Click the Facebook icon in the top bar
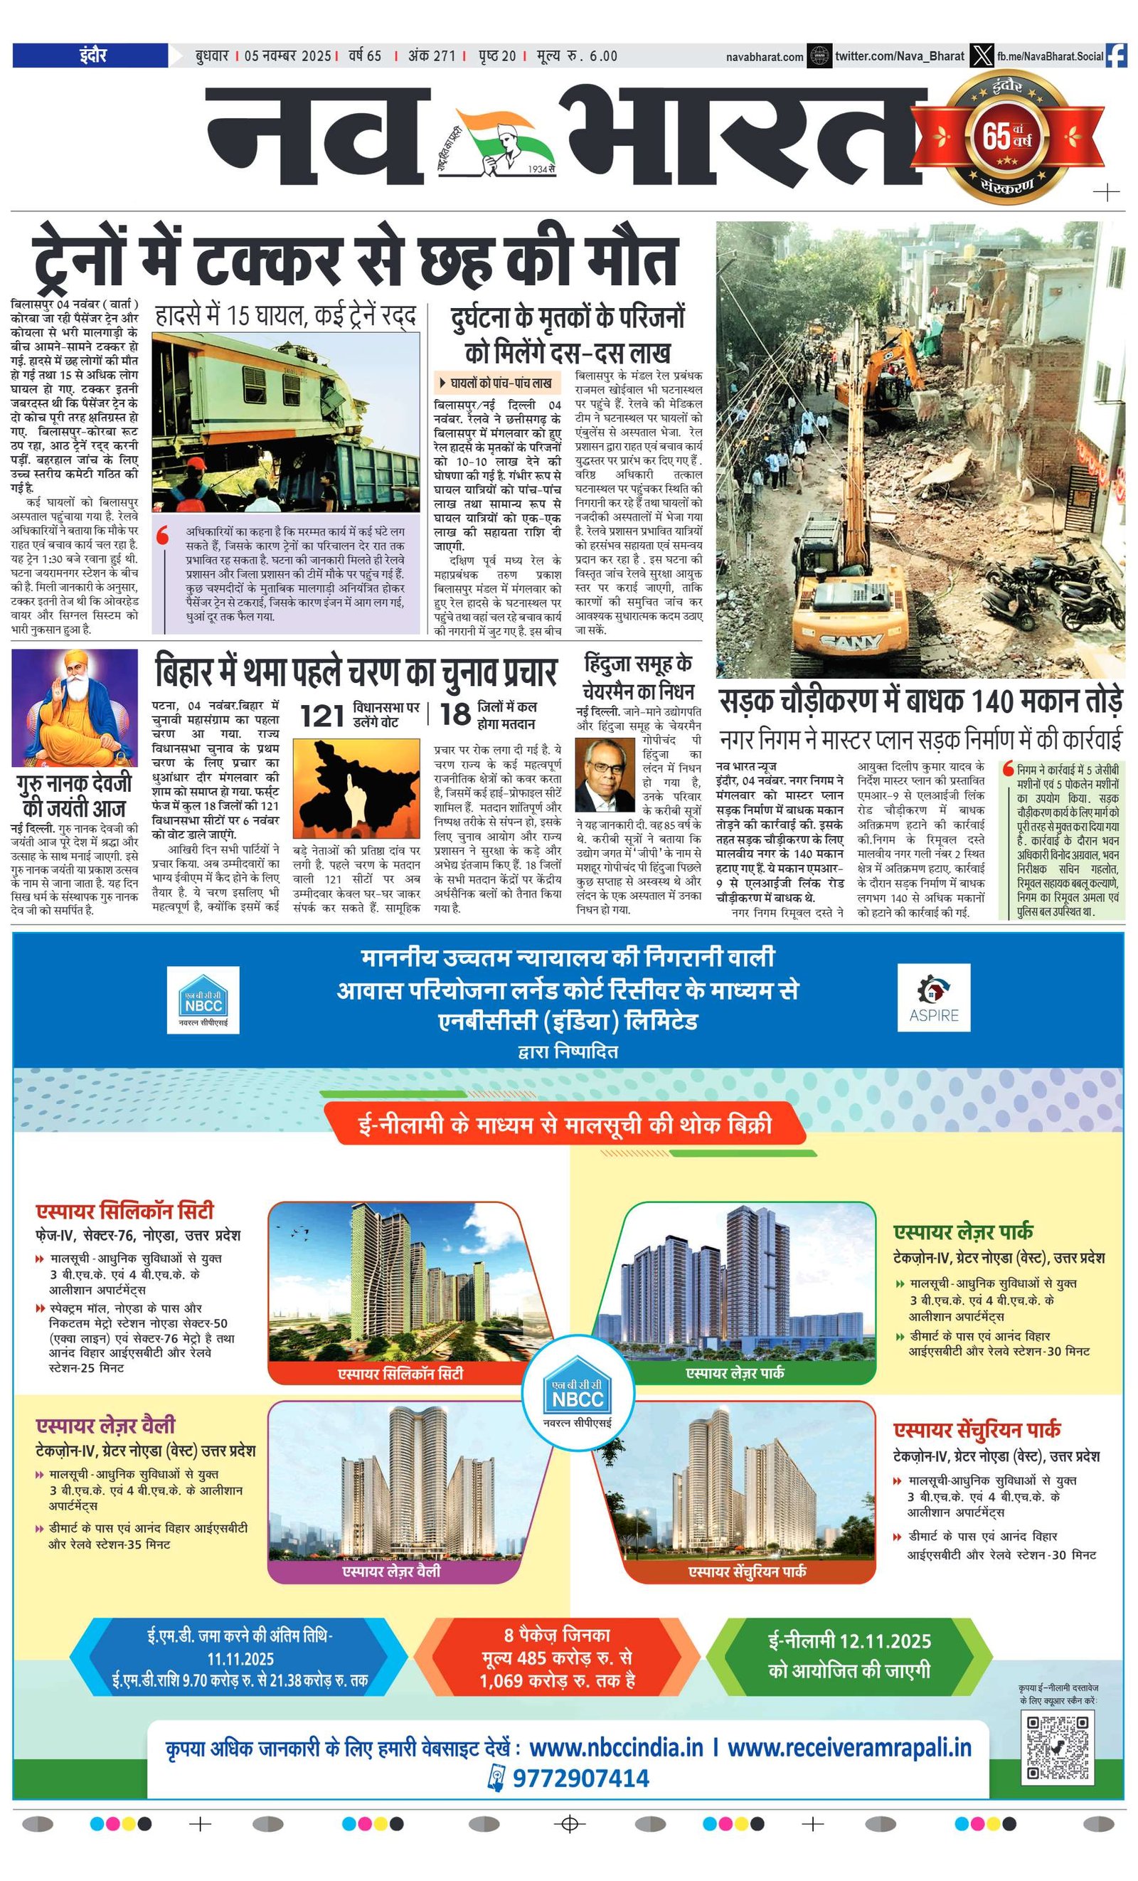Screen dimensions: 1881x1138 point(1116,55)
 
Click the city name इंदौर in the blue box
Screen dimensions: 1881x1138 point(91,55)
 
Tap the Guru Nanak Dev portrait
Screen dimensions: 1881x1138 point(75,708)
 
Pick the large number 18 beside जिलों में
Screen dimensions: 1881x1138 point(455,714)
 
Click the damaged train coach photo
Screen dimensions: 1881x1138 point(286,422)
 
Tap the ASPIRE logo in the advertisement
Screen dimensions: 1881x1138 point(933,997)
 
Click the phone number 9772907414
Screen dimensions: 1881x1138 point(580,1778)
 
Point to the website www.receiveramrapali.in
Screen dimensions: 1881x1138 point(849,1747)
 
